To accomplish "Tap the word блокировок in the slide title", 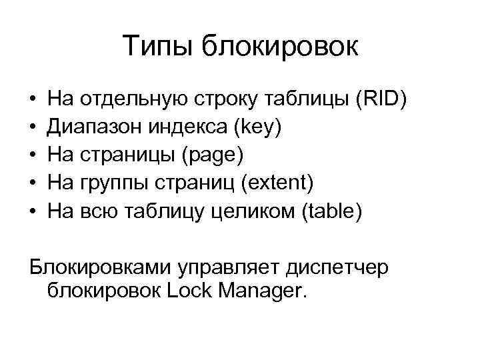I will click(281, 46).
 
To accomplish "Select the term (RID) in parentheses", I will click(381, 99).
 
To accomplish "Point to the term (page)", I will click(211, 155).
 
